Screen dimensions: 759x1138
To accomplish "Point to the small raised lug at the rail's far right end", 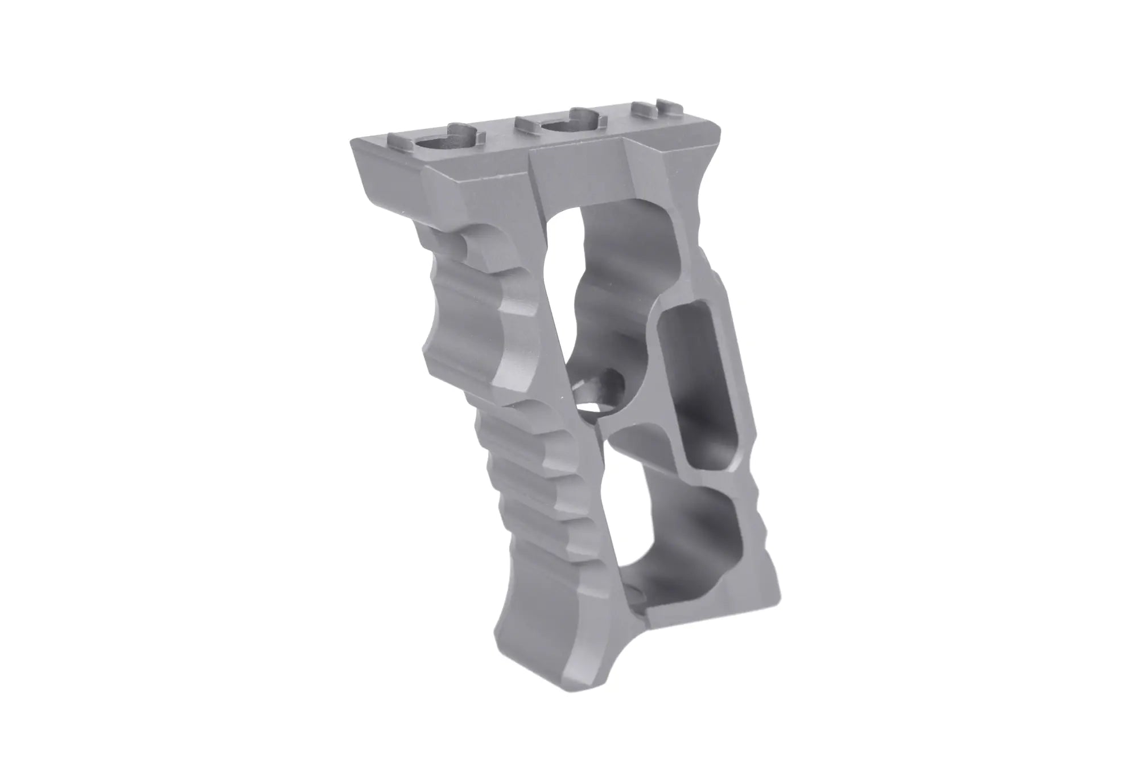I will pos(663,105).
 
